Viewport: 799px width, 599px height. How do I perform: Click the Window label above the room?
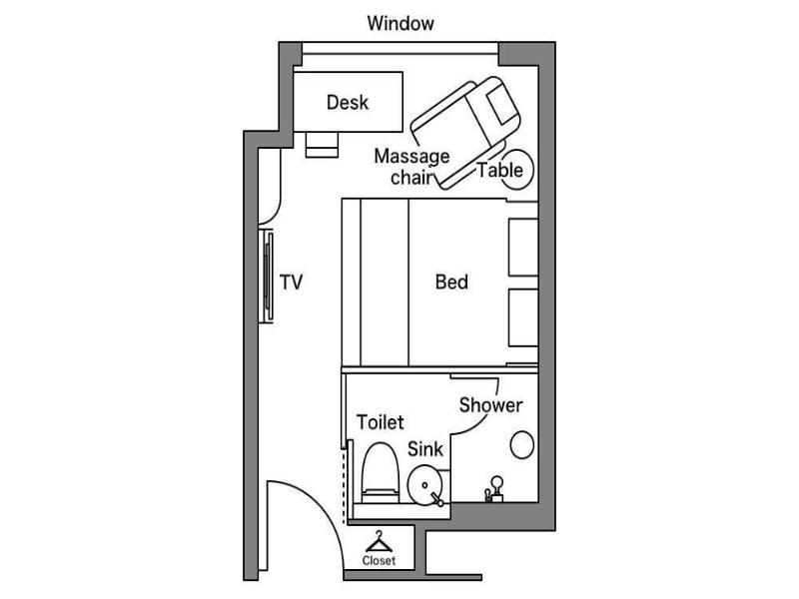pos(400,23)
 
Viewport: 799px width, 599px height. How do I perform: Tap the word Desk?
pos(347,103)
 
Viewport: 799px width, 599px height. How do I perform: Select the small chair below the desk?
pos(322,145)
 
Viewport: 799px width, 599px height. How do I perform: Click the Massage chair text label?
pos(411,166)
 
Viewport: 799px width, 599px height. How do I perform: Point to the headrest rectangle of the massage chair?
pos(502,106)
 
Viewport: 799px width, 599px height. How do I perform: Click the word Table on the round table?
pos(500,170)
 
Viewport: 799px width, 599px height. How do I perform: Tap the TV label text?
pos(291,282)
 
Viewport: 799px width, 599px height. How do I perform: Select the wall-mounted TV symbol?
pos(268,277)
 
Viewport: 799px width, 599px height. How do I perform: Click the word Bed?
pos(451,282)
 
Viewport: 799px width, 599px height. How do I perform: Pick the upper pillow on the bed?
pos(523,247)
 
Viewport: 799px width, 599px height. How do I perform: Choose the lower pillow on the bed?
pos(523,317)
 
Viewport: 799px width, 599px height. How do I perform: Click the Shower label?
pos(490,405)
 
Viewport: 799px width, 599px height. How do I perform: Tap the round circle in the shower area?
pos(521,444)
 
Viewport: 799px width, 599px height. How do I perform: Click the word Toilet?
pos(380,422)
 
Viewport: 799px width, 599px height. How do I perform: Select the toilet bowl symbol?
pos(381,473)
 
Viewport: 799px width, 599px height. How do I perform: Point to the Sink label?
pos(425,449)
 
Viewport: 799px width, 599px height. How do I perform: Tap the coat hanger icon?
pos(379,541)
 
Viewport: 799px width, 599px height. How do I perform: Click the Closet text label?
pos(379,561)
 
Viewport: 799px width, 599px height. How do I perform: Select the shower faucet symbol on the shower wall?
pos(493,489)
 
